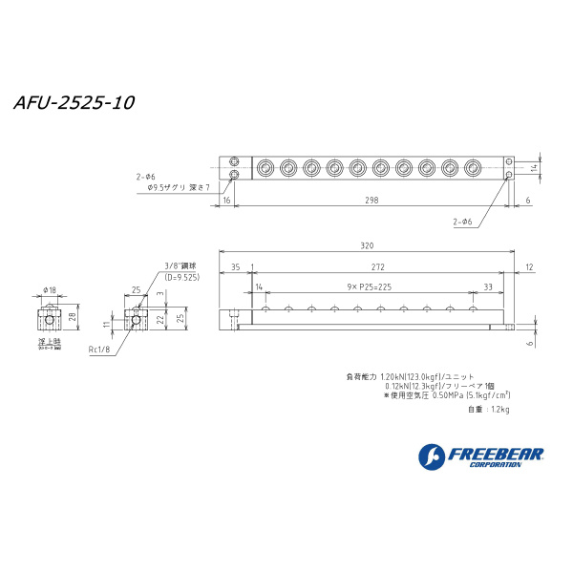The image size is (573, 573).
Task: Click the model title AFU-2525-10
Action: pyautogui.click(x=73, y=103)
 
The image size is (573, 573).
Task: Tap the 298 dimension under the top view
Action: pyautogui.click(x=371, y=201)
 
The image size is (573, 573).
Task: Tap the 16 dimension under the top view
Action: pyautogui.click(x=226, y=201)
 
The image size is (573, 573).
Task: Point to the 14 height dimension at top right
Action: pyautogui.click(x=536, y=167)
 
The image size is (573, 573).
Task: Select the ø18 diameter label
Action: pyautogui.click(x=50, y=289)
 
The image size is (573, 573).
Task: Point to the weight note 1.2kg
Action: pyautogui.click(x=489, y=410)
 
